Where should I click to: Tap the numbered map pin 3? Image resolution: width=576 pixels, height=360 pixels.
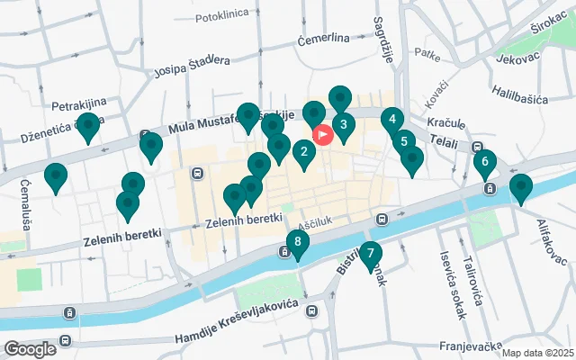(x=342, y=126)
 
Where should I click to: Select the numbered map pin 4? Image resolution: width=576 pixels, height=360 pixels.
(x=391, y=119)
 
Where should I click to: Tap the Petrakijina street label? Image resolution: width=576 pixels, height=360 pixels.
(x=80, y=105)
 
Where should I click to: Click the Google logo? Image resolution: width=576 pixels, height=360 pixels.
(x=30, y=349)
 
